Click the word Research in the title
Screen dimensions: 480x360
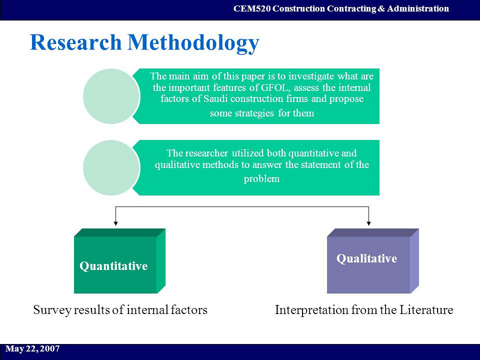click(x=75, y=42)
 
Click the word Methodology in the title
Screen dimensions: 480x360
click(x=193, y=43)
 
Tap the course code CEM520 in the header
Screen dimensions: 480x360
click(x=252, y=8)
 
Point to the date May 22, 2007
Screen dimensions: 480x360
click(x=32, y=348)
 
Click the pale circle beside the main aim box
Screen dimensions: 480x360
click(x=111, y=96)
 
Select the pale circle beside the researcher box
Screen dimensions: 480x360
click(x=111, y=167)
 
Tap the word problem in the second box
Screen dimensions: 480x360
click(x=261, y=179)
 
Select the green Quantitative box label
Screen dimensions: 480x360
click(x=113, y=266)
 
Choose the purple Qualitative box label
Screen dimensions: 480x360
click(x=366, y=258)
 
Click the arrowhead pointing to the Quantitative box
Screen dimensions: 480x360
click(x=115, y=222)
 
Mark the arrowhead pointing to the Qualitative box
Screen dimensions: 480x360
click(x=368, y=222)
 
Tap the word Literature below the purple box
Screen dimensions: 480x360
click(x=426, y=310)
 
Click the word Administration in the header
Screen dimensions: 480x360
click(x=418, y=8)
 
